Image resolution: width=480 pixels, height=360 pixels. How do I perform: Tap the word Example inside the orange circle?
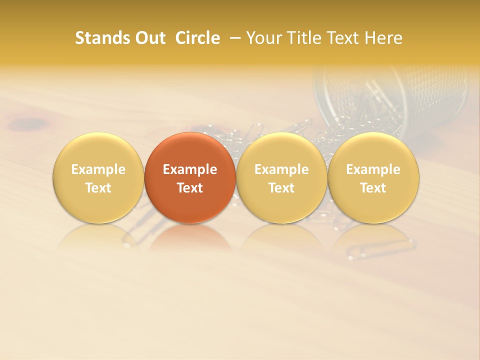pyautogui.click(x=190, y=169)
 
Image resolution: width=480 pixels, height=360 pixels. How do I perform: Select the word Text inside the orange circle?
pyautogui.click(x=190, y=188)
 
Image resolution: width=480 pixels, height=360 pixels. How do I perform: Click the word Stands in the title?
pyautogui.click(x=99, y=38)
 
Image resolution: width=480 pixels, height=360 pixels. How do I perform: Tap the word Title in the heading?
pyautogui.click(x=302, y=38)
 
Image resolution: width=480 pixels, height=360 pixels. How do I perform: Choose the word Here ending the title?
pyautogui.click(x=384, y=38)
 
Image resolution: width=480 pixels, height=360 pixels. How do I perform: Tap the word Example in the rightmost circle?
pyautogui.click(x=373, y=169)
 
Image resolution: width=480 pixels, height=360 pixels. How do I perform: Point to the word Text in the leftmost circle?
pyautogui.click(x=98, y=188)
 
